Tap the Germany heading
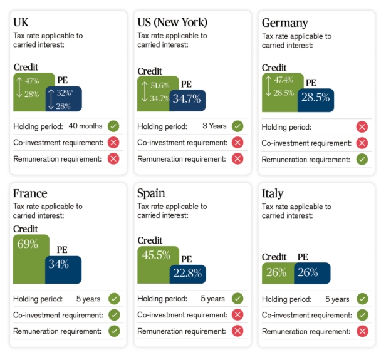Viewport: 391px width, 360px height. point(284,23)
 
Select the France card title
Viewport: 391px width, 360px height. point(30,193)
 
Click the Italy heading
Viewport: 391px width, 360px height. point(273,193)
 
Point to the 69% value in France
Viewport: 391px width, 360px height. point(28,244)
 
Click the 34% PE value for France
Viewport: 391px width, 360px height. point(59,264)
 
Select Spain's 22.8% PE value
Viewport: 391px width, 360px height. point(187,274)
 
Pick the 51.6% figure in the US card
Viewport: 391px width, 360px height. point(160,85)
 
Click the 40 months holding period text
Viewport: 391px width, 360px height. point(86,126)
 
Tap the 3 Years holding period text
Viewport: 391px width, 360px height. point(214,126)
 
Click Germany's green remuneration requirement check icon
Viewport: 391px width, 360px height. point(362,159)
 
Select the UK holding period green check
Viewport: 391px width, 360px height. point(113,126)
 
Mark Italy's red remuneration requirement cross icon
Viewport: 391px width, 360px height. point(362,331)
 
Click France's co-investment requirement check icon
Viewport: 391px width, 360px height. point(113,315)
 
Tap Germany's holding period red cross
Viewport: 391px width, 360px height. point(362,126)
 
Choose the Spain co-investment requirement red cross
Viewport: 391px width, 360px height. point(237,315)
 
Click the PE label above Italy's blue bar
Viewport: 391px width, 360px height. point(303,257)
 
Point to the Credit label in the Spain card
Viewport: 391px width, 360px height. point(150,240)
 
